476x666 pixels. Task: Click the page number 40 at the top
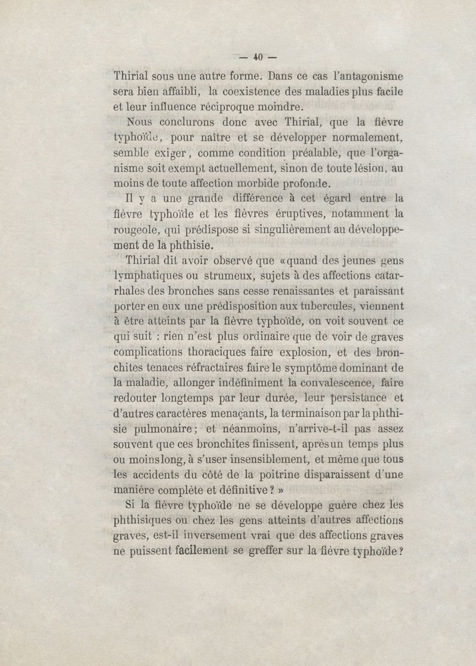click(258, 58)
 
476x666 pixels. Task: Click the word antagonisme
click(368, 77)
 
